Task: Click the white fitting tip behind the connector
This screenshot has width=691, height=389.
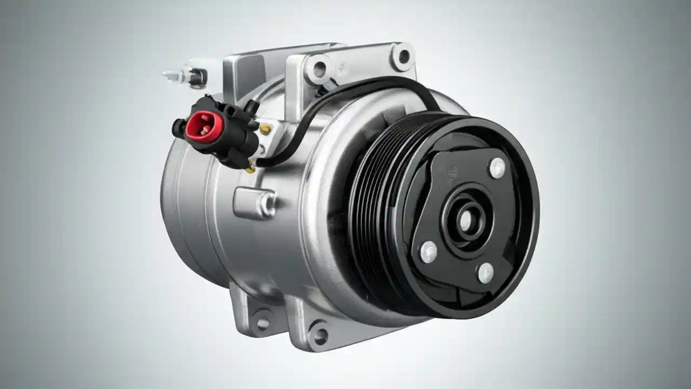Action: [x=172, y=74]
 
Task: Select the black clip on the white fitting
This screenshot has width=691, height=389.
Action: [x=197, y=77]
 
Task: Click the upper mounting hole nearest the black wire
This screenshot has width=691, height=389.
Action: [x=319, y=69]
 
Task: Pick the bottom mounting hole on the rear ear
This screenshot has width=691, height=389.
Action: [x=263, y=323]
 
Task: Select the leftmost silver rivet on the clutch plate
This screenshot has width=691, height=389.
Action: [x=429, y=251]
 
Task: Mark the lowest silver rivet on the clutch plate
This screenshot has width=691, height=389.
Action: [x=485, y=273]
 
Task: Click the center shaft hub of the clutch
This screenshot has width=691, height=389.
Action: [x=465, y=219]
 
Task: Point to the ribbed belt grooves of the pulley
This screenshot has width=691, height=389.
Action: [x=372, y=211]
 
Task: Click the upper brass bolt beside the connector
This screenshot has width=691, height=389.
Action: [x=265, y=128]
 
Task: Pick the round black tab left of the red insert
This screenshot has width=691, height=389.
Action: [x=178, y=128]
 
